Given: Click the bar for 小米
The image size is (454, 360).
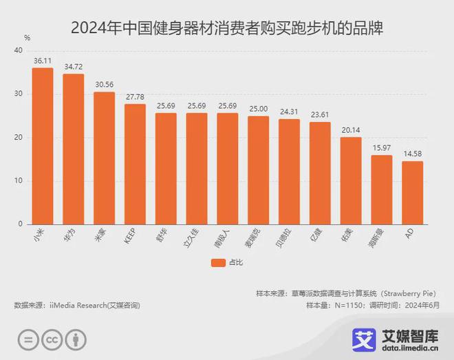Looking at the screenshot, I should pyautogui.click(x=43, y=146).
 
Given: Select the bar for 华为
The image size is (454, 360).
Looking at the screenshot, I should pyautogui.click(x=73, y=149).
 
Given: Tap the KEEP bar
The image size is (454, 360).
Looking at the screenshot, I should pyautogui.click(x=135, y=164).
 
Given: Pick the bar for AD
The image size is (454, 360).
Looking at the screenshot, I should pyautogui.click(x=412, y=193).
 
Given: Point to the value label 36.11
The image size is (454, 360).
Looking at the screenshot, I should pyautogui.click(x=43, y=61).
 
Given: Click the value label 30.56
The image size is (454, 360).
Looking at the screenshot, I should pyautogui.click(x=104, y=85).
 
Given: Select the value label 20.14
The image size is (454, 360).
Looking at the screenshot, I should pyautogui.click(x=351, y=129).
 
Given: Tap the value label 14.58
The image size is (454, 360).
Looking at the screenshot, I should pyautogui.click(x=412, y=153).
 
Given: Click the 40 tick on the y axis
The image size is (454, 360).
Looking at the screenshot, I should pyautogui.click(x=18, y=51).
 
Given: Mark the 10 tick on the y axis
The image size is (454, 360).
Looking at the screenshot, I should pyautogui.click(x=18, y=181).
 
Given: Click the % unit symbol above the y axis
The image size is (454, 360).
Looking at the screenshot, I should pyautogui.click(x=27, y=37).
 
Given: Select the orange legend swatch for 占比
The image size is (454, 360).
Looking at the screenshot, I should pyautogui.click(x=218, y=262).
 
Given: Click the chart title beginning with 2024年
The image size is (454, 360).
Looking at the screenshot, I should pyautogui.click(x=227, y=29).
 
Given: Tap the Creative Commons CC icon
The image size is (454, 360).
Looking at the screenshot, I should pyautogui.click(x=51, y=341).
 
